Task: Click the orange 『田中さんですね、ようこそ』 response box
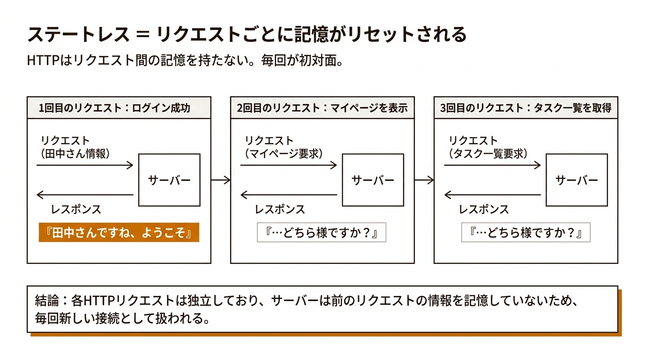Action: click(119, 232)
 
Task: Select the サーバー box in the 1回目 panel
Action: click(169, 180)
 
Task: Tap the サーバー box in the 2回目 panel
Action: click(373, 180)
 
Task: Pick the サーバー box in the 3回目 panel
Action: click(577, 180)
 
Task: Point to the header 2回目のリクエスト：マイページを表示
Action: click(322, 108)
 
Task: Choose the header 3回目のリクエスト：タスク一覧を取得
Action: click(526, 108)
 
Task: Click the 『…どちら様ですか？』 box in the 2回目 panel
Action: click(322, 232)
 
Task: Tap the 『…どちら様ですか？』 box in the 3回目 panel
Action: click(525, 232)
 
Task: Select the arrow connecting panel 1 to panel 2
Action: click(221, 180)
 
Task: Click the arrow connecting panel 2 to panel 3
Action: click(424, 180)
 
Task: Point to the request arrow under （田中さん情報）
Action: click(85, 165)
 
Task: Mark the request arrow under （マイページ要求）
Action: click(289, 165)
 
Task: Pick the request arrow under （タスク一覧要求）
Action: click(492, 165)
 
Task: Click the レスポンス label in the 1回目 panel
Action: click(76, 210)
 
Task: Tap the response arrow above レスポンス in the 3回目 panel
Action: click(492, 195)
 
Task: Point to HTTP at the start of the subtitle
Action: click(42, 61)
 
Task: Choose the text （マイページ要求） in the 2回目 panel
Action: click(284, 153)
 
